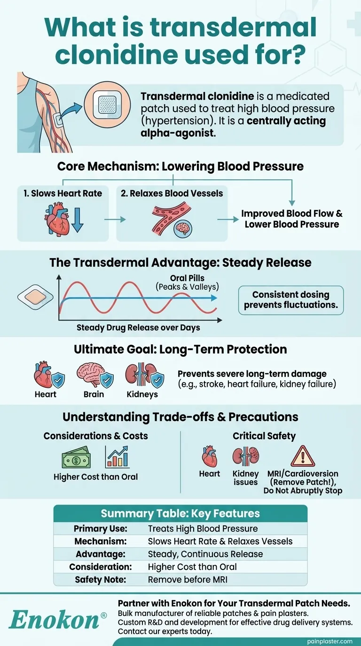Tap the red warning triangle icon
coord(303,456)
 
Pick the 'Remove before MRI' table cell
coord(188,579)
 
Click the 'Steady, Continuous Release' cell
coord(205,554)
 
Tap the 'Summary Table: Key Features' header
coord(180,513)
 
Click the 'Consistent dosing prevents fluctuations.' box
coord(290,300)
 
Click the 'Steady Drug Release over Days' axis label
coord(138,328)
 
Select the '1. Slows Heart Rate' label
coord(63,193)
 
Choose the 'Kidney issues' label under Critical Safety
coord(245,478)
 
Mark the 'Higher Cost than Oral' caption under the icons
coord(96,477)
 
